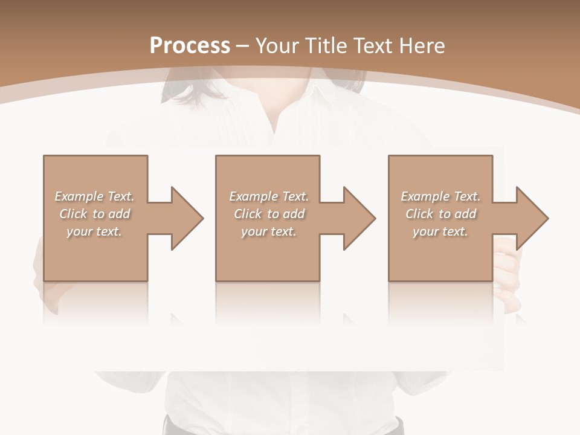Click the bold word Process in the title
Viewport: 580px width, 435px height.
pyautogui.click(x=190, y=46)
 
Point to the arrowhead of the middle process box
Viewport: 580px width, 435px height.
pyautogui.click(x=358, y=218)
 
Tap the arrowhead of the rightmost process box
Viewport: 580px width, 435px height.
pyautogui.click(x=531, y=218)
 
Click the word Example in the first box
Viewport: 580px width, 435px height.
pyautogui.click(x=79, y=196)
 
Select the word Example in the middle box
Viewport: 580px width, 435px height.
pyautogui.click(x=253, y=196)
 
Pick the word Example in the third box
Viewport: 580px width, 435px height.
pyautogui.click(x=425, y=196)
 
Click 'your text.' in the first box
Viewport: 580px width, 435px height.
pyautogui.click(x=94, y=231)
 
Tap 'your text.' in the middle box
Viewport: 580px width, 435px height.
pyautogui.click(x=268, y=231)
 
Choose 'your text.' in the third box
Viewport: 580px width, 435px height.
pyautogui.click(x=440, y=231)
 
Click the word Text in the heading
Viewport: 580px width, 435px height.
pyautogui.click(x=372, y=46)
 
